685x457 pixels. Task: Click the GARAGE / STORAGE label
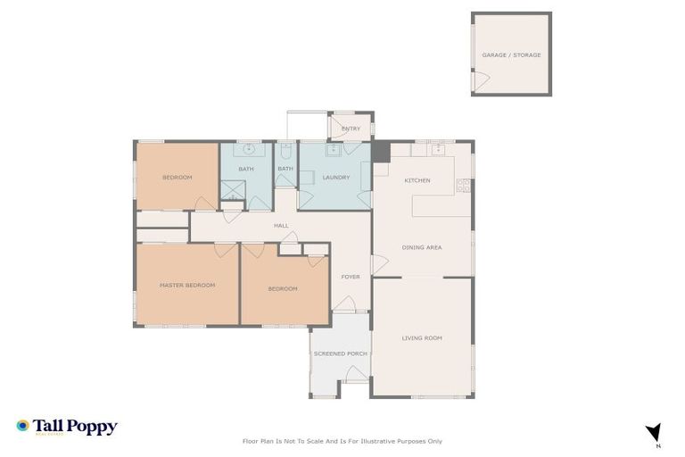[x=511, y=55]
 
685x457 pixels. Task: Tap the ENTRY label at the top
[x=351, y=129]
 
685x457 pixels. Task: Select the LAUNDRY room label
[x=335, y=178]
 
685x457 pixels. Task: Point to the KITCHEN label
[x=417, y=181]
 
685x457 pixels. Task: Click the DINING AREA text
[x=422, y=247]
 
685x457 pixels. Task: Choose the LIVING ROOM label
[x=422, y=337]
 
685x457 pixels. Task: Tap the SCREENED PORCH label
[x=340, y=353]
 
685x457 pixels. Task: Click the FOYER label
[x=351, y=277]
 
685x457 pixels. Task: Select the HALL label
[x=281, y=226]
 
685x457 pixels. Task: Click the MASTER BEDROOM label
[x=187, y=286]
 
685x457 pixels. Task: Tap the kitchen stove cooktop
[x=463, y=186]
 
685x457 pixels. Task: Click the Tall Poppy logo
[x=67, y=428]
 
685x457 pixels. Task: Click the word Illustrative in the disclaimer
[x=379, y=441]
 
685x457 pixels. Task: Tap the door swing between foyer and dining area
[x=377, y=265]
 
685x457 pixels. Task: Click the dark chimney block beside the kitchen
[x=381, y=152]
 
